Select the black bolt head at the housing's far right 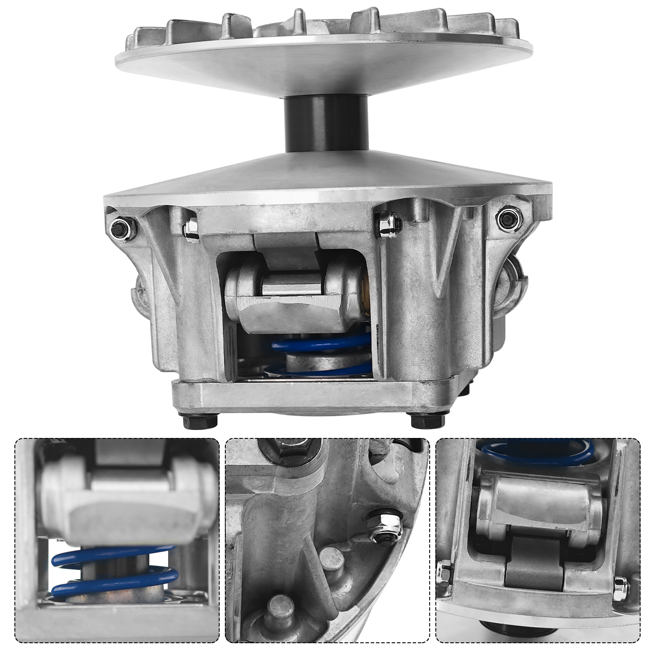coord(509,217)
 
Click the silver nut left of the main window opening coord(191,227)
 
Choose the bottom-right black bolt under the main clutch coord(428,421)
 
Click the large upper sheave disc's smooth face coord(325,65)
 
